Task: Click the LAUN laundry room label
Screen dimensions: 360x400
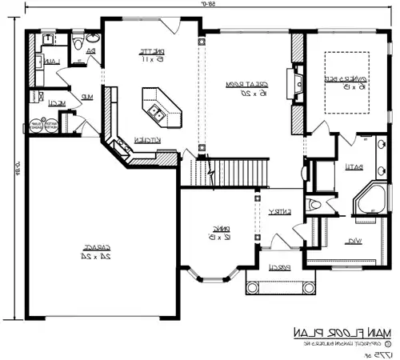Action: pyautogui.click(x=50, y=62)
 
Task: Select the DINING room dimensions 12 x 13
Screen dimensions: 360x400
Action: pyautogui.click(x=216, y=236)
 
